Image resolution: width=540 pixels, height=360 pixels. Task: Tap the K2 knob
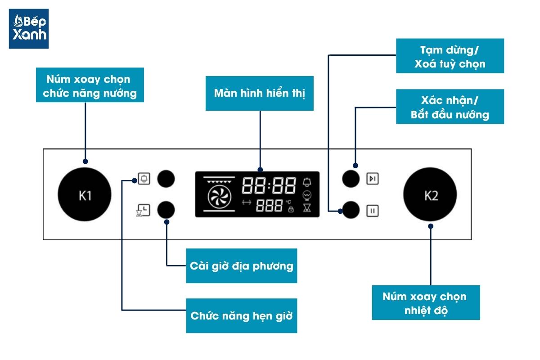[430, 195]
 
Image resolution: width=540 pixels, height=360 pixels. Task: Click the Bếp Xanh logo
[29, 28]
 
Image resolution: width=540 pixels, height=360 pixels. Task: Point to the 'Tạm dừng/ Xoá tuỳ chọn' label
[450, 56]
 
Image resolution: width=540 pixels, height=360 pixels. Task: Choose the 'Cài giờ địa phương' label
[241, 265]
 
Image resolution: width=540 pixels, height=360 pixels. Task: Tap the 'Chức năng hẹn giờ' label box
[241, 315]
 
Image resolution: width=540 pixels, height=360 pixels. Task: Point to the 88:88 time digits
[269, 184]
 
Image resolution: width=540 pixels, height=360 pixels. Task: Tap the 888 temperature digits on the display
[269, 206]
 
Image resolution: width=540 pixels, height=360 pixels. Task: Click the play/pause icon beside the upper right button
[372, 179]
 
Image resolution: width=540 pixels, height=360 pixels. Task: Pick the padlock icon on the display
[290, 210]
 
